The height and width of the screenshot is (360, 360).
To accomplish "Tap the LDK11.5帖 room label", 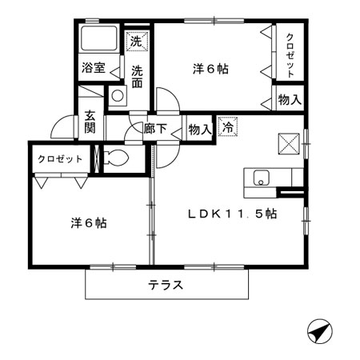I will pyautogui.click(x=233, y=214).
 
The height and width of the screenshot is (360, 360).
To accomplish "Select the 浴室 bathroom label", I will pyautogui.click(x=94, y=68).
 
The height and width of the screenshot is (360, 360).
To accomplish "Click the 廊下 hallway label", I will pyautogui.click(x=154, y=127).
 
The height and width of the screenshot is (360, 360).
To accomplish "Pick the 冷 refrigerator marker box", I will pyautogui.click(x=228, y=126).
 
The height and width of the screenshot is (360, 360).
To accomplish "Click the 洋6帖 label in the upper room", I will pyautogui.click(x=211, y=70).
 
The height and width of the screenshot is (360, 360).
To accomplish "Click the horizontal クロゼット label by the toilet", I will pyautogui.click(x=60, y=158).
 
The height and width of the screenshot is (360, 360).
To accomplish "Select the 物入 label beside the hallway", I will pyautogui.click(x=199, y=127).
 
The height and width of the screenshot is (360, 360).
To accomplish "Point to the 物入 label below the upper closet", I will pyautogui.click(x=289, y=100).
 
